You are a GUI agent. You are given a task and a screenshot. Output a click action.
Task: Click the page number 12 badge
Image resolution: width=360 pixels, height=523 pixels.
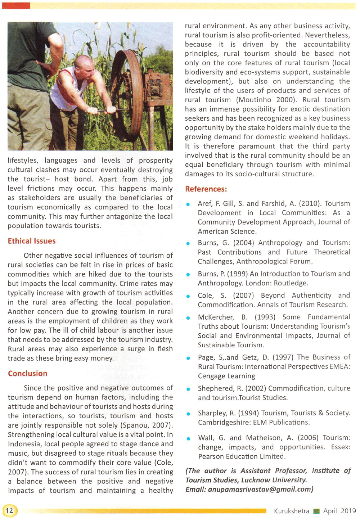(10, 510)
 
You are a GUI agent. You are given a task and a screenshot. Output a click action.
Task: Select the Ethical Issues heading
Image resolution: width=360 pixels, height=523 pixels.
(32, 241)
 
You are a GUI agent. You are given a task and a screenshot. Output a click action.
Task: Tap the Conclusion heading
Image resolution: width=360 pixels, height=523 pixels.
(28, 374)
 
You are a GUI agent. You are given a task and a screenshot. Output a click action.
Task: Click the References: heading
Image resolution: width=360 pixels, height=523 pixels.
(206, 189)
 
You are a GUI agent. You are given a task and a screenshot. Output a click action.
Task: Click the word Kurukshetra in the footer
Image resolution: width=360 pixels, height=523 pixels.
(291, 511)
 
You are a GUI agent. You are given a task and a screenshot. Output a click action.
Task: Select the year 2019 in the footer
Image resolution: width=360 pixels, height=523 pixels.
(348, 511)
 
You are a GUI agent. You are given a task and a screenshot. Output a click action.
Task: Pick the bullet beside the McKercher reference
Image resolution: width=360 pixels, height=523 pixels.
(188, 318)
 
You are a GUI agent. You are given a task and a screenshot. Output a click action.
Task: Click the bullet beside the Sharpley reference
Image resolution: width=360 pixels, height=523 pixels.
(188, 414)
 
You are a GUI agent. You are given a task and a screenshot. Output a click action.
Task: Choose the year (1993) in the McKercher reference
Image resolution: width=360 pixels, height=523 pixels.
(265, 317)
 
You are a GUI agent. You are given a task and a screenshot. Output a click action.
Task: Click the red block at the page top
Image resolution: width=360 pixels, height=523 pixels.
(16, 5)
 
